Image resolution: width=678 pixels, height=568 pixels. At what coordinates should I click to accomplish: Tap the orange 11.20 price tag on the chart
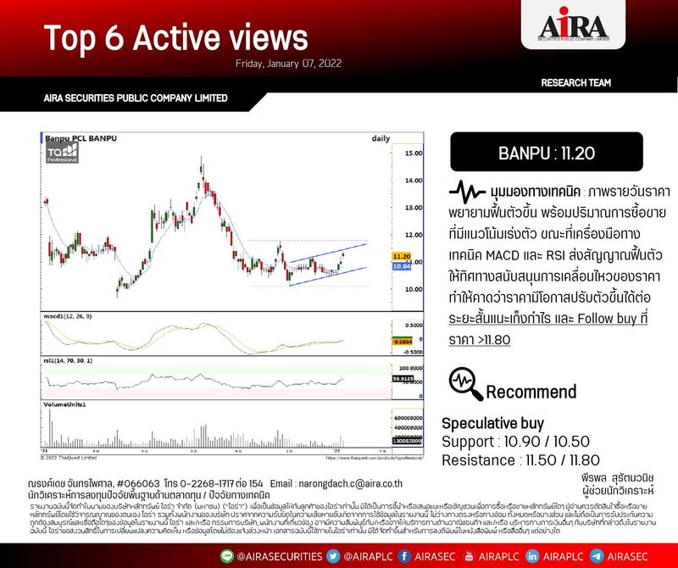click(401, 256)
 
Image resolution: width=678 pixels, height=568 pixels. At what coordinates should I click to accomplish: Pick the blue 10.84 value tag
click(401, 266)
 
